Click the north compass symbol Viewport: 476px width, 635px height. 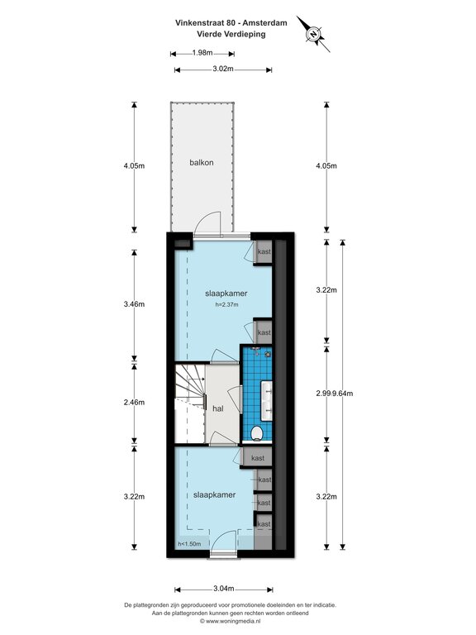pyautogui.click(x=313, y=35)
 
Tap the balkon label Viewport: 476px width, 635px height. pyautogui.click(x=202, y=162)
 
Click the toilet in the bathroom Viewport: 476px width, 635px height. pyautogui.click(x=257, y=433)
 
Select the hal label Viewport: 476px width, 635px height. pyautogui.click(x=218, y=408)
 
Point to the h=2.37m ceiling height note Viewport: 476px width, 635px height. pyautogui.click(x=226, y=304)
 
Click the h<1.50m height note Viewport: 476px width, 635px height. pyautogui.click(x=189, y=544)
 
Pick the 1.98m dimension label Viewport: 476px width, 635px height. pyautogui.click(x=202, y=53)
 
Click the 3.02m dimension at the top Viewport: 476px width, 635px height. pyautogui.click(x=223, y=69)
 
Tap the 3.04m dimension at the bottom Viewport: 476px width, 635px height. pyautogui.click(x=224, y=589)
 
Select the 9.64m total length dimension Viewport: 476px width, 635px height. pyautogui.click(x=342, y=394)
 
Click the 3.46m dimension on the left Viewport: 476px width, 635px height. pyautogui.click(x=134, y=304)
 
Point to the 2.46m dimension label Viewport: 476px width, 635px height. pyautogui.click(x=134, y=403)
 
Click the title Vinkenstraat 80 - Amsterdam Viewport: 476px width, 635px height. pyautogui.click(x=231, y=23)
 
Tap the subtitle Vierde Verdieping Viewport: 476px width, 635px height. pyautogui.click(x=231, y=34)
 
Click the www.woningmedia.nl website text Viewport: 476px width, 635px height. pyautogui.click(x=233, y=620)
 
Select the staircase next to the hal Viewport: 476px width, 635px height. pyautogui.click(x=190, y=403)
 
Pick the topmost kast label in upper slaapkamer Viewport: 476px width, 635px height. pyautogui.click(x=264, y=251)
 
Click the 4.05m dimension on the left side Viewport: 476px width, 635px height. pyautogui.click(x=134, y=165)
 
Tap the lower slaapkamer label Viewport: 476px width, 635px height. pyautogui.click(x=215, y=495)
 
